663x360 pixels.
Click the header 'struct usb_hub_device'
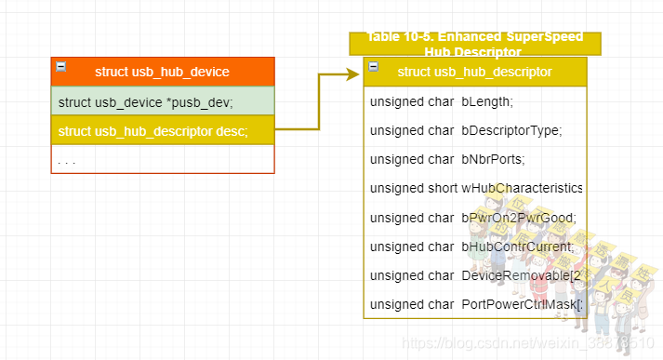(x=162, y=72)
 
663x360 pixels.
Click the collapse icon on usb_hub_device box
(x=61, y=66)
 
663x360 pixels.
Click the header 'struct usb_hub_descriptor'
(x=474, y=72)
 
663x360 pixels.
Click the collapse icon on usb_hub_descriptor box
(x=373, y=66)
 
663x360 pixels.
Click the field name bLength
(x=487, y=101)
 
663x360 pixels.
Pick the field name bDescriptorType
(x=511, y=130)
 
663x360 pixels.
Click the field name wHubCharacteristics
(x=522, y=188)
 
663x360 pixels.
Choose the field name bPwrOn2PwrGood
(x=518, y=218)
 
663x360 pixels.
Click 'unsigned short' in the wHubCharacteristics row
(x=414, y=188)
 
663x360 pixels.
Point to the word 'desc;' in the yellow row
(x=232, y=131)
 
